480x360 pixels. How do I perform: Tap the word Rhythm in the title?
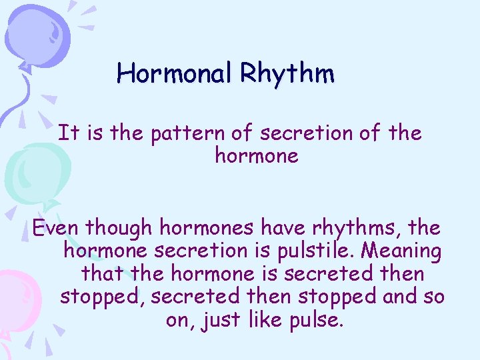click(288, 73)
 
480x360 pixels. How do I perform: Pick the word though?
click(119, 228)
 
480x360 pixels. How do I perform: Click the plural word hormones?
click(205, 228)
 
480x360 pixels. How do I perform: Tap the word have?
click(280, 228)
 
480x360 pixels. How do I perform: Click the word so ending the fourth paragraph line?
click(433, 297)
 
